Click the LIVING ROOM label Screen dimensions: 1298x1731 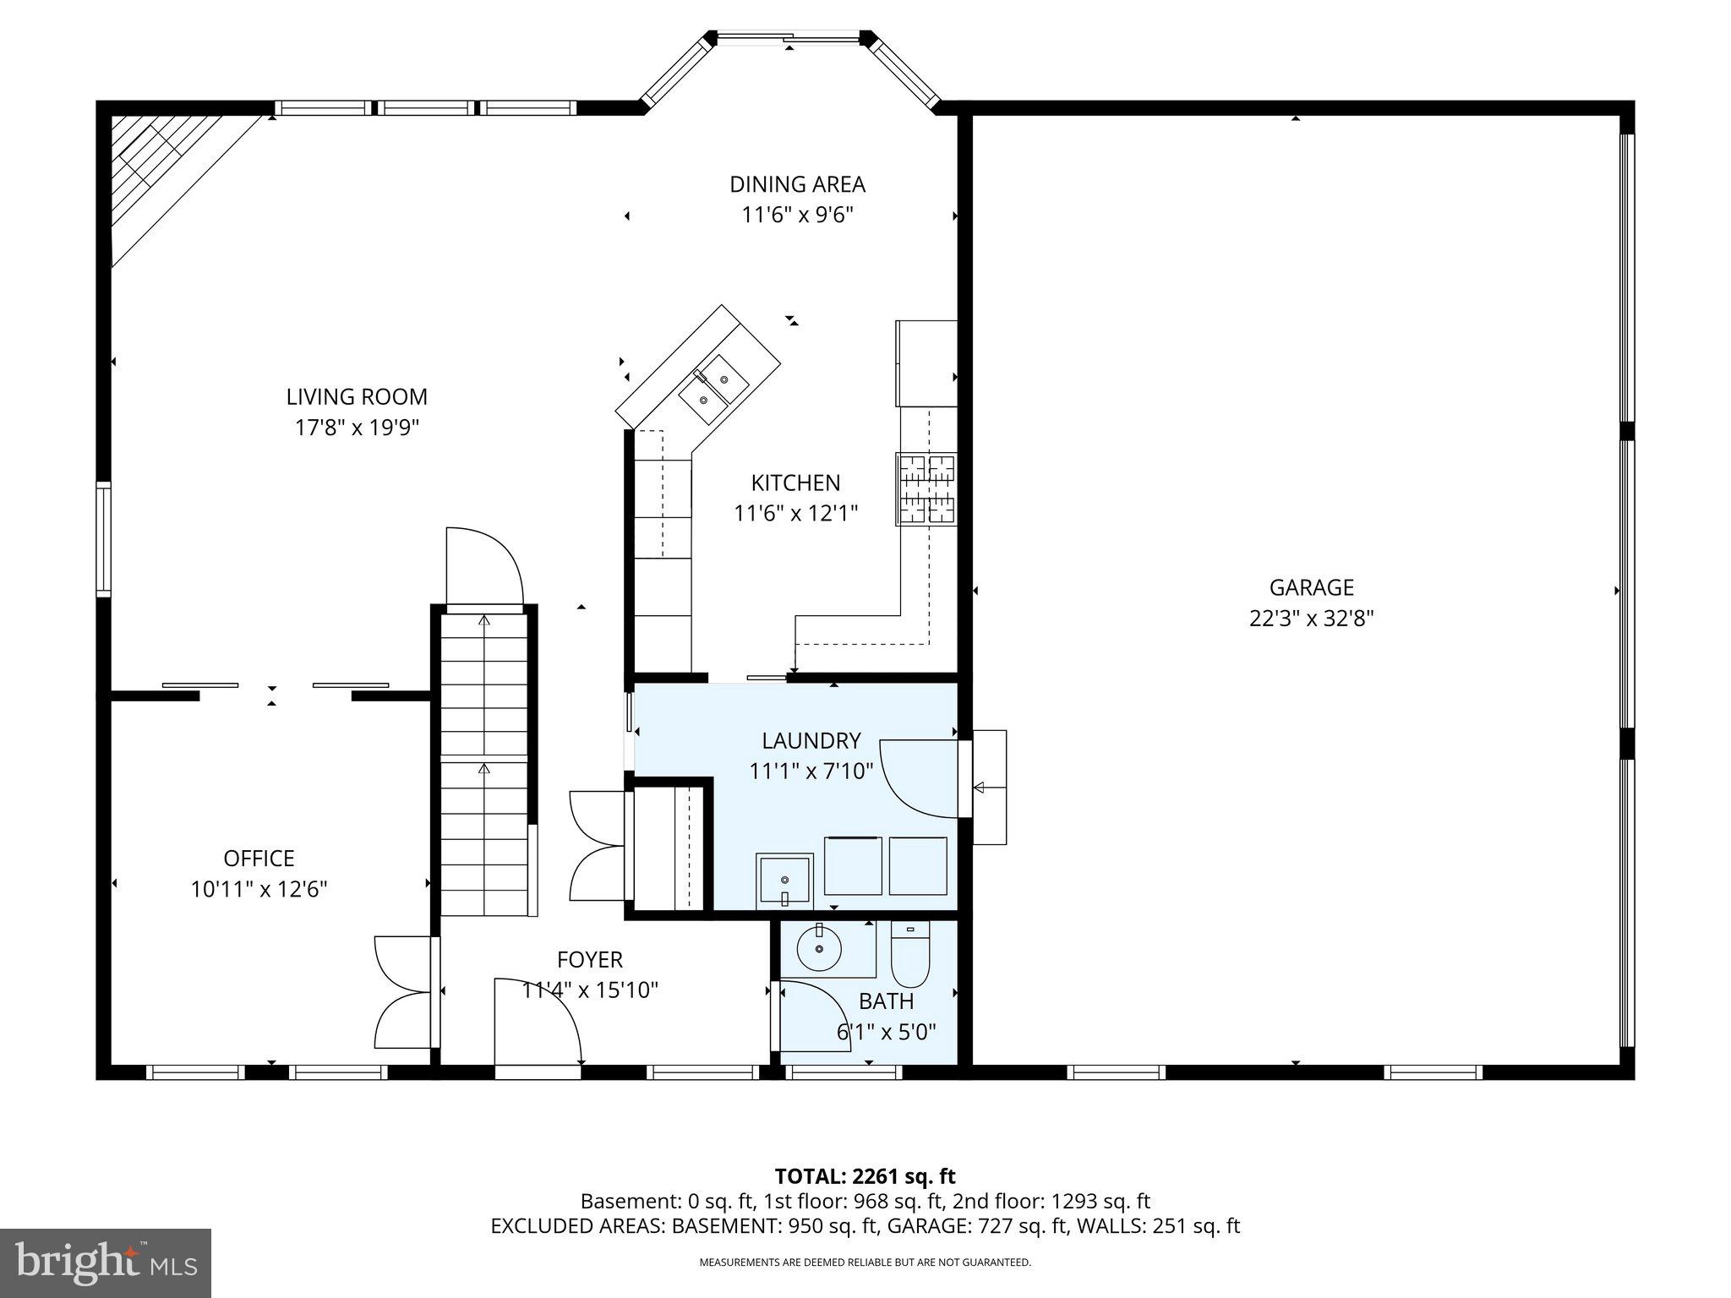click(x=356, y=396)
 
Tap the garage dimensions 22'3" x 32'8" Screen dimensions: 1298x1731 click(x=1311, y=619)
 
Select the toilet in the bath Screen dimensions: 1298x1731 click(x=910, y=956)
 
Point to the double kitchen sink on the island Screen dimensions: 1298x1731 click(x=713, y=390)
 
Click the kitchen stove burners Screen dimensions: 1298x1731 click(x=926, y=489)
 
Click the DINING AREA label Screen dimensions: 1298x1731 click(x=797, y=184)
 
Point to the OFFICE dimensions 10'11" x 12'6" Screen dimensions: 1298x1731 click(x=259, y=889)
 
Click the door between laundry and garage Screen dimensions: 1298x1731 click(x=923, y=778)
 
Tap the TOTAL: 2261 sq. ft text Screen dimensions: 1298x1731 click(x=865, y=1176)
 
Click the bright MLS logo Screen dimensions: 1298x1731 click(x=106, y=1263)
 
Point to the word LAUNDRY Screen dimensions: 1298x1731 click(x=811, y=741)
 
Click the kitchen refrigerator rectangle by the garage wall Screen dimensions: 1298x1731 click(x=926, y=363)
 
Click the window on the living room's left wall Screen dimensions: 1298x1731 click(x=103, y=539)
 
